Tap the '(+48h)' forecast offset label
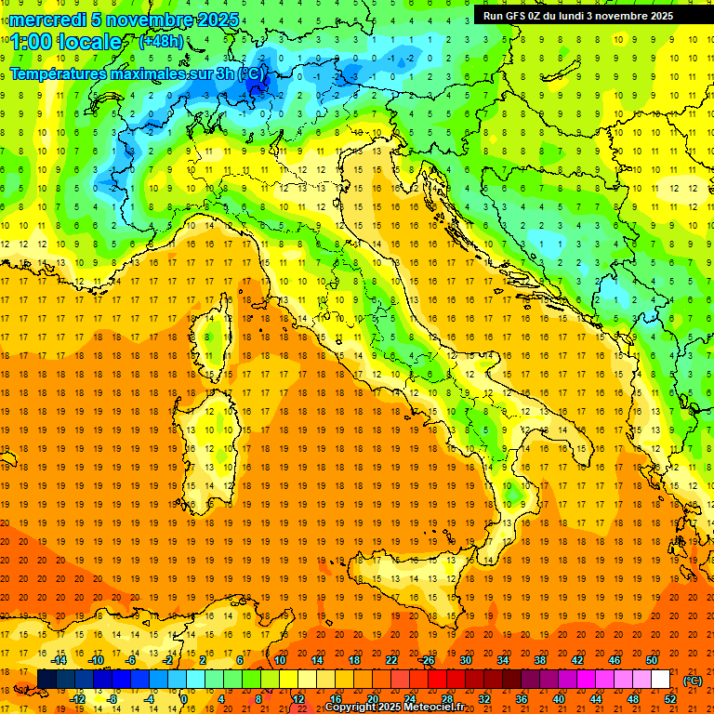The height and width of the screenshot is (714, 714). click(161, 42)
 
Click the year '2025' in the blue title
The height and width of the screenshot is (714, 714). click(218, 20)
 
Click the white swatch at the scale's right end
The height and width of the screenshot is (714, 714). click(661, 680)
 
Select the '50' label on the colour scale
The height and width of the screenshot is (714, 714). click(653, 660)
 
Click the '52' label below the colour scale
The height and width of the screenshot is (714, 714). click(670, 699)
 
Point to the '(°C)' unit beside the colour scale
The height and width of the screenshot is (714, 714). click(693, 681)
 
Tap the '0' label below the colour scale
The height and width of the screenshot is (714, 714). click(184, 699)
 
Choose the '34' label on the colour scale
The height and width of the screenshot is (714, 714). click(503, 660)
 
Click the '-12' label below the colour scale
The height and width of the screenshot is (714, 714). click(78, 699)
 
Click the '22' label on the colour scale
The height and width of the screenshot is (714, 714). click(390, 660)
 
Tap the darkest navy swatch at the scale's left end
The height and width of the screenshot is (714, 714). click(46, 680)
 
